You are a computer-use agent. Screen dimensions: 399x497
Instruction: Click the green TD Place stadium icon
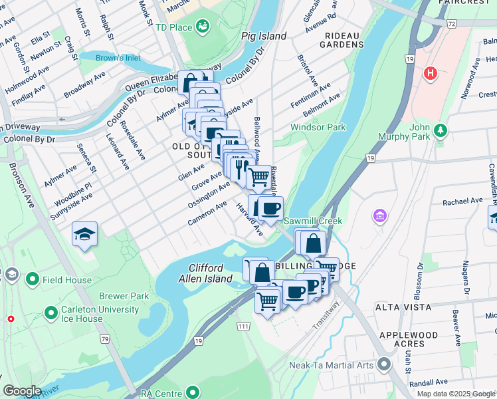(203, 27)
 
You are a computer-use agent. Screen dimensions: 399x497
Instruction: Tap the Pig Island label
(264, 37)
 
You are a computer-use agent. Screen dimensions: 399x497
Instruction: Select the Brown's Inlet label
(118, 58)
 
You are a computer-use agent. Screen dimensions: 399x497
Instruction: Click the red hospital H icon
(431, 72)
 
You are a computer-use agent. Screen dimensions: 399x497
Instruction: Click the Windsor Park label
(318, 127)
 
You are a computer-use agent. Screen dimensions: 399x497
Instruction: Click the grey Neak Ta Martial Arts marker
(383, 364)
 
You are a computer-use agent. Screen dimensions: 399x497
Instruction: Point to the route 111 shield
(243, 327)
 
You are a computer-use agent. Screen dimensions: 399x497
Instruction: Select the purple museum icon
(379, 215)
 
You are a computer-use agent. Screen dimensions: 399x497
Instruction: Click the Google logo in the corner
(22, 391)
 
